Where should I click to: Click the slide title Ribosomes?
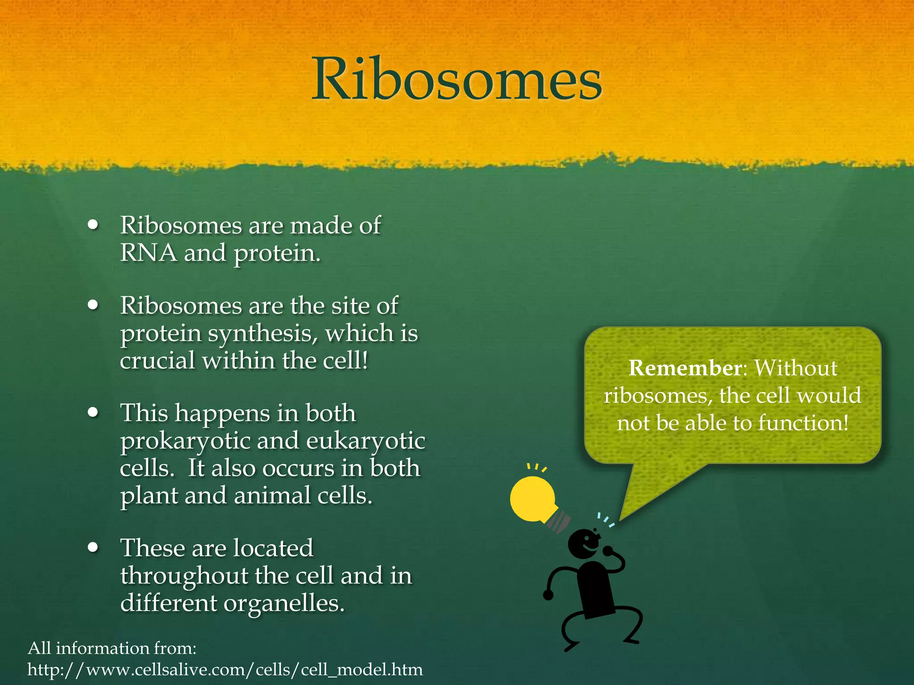pos(457,80)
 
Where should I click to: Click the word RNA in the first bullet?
pos(148,253)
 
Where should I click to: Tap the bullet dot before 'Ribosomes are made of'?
pos(93,225)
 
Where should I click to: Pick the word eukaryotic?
pos(366,442)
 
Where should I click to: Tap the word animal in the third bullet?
pos(272,496)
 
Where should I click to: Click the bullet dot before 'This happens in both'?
pos(93,413)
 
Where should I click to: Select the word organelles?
pos(284,604)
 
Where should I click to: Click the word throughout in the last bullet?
pos(184,576)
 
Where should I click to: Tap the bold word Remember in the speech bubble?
pos(685,368)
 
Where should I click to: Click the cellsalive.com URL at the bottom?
pos(225,670)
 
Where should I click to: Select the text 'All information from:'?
pos(112,648)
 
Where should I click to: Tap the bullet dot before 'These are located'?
pos(93,548)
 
